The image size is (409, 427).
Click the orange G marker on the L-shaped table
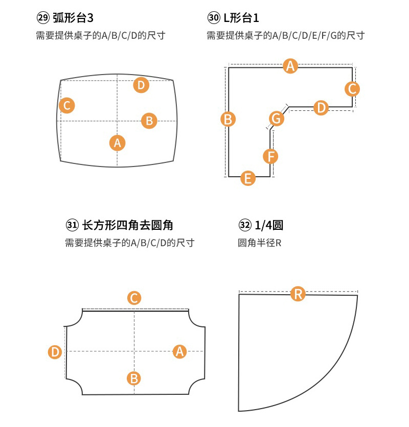[x=277, y=118]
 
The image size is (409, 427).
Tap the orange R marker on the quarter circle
[x=298, y=294]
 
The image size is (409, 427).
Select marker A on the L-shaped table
[x=290, y=66]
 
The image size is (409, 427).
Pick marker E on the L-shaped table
[x=248, y=178]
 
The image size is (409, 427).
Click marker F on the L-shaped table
[x=271, y=156]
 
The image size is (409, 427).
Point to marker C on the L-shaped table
[x=352, y=89]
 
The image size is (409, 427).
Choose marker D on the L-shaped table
[x=321, y=108]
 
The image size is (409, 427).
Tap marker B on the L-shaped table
[x=228, y=120]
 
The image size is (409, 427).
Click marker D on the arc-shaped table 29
[x=141, y=85]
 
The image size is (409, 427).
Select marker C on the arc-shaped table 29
[x=66, y=106]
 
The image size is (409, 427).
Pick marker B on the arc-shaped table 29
[x=149, y=121]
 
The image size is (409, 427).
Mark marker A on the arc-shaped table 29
[x=118, y=143]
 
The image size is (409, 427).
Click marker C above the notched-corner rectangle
[x=134, y=298]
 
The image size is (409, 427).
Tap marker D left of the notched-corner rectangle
[x=55, y=352]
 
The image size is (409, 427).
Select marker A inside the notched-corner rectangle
[x=179, y=351]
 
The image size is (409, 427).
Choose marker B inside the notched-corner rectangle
[x=134, y=378]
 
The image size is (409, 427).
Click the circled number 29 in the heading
[x=43, y=19]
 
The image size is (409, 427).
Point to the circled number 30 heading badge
[x=214, y=19]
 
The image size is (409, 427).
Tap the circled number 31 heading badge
[x=72, y=225]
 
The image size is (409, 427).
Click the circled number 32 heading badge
[x=245, y=225]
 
